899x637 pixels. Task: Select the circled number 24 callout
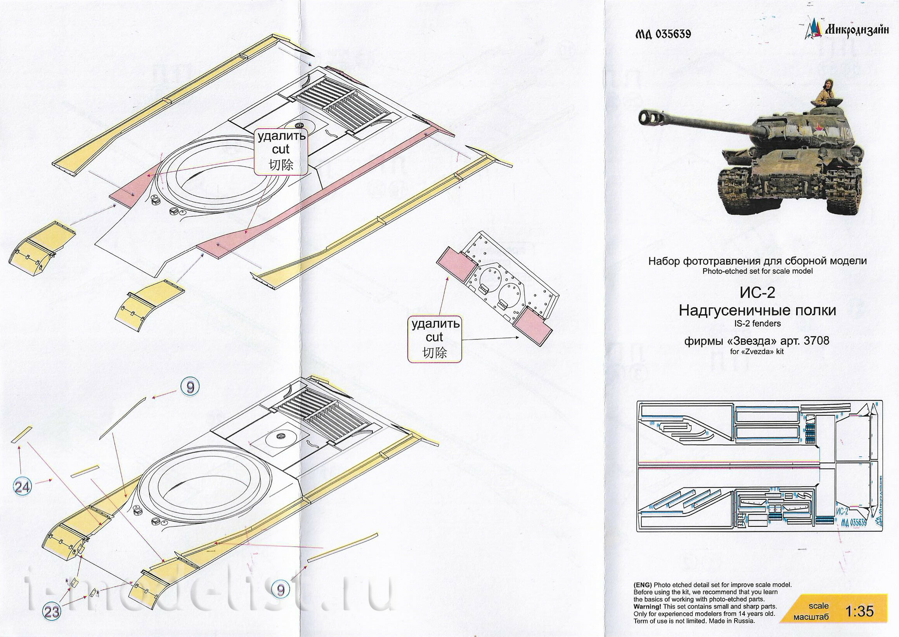pyautogui.click(x=23, y=487)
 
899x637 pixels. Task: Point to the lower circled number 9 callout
pyautogui.click(x=280, y=601)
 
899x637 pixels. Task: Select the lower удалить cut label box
pyautogui.click(x=435, y=338)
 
